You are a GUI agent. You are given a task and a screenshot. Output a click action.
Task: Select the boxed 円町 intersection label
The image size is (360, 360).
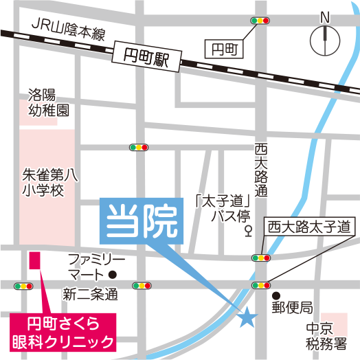(223, 48)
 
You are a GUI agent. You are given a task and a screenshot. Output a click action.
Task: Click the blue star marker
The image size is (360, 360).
(247, 317)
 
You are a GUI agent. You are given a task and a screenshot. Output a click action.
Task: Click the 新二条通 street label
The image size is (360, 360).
(90, 295)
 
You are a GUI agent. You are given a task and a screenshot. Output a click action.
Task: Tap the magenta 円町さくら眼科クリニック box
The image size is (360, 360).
(63, 332)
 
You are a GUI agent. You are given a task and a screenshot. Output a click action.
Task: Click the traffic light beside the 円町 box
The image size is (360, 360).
(261, 21)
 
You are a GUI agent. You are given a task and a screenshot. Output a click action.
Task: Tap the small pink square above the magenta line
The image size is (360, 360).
(34, 260)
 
